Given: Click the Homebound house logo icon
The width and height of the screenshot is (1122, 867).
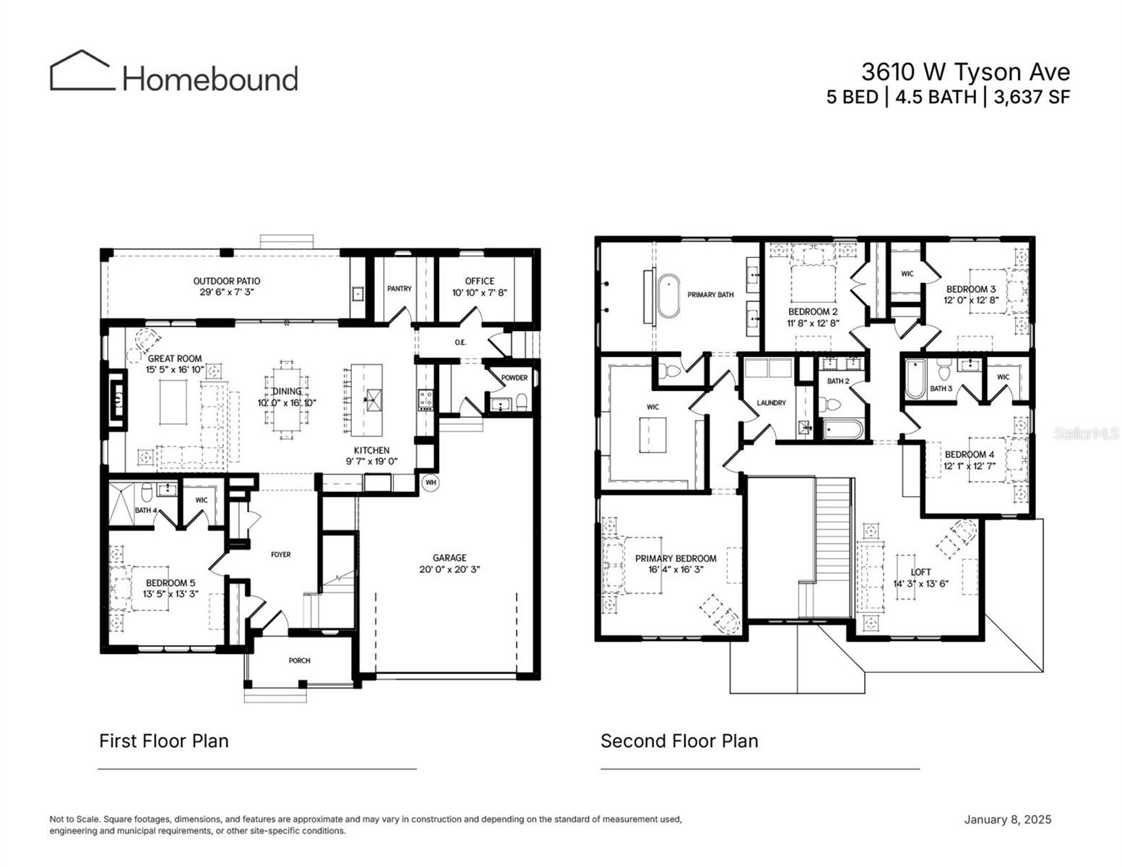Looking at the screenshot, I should (82, 71).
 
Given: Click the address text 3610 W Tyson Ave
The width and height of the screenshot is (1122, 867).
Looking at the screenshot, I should (965, 72).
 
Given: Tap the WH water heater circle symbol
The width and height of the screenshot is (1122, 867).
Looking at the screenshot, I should (431, 482).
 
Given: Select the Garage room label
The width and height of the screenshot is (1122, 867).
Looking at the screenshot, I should (449, 558).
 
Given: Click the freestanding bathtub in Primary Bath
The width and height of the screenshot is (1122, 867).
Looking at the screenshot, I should (668, 295).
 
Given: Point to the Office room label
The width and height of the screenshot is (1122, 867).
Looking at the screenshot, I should (480, 281).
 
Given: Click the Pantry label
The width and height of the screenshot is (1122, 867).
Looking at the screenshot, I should (400, 288).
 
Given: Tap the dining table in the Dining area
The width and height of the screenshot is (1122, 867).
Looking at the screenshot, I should (288, 400).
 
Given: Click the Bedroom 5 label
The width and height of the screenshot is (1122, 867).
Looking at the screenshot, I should (171, 583).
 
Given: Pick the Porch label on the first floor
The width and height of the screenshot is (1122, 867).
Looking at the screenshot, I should (299, 660).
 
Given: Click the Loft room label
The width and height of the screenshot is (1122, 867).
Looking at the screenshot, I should (920, 572).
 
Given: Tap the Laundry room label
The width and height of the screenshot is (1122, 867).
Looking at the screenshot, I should (771, 402).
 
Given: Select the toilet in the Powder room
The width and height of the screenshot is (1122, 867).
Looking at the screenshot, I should (521, 401).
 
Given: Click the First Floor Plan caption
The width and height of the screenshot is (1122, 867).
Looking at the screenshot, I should (164, 741).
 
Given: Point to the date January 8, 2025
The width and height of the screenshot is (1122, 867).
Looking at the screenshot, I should (1007, 819).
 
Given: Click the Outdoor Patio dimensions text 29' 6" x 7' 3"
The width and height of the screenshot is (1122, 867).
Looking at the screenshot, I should (227, 292).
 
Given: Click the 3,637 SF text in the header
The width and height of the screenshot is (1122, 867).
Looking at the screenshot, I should (1032, 97).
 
